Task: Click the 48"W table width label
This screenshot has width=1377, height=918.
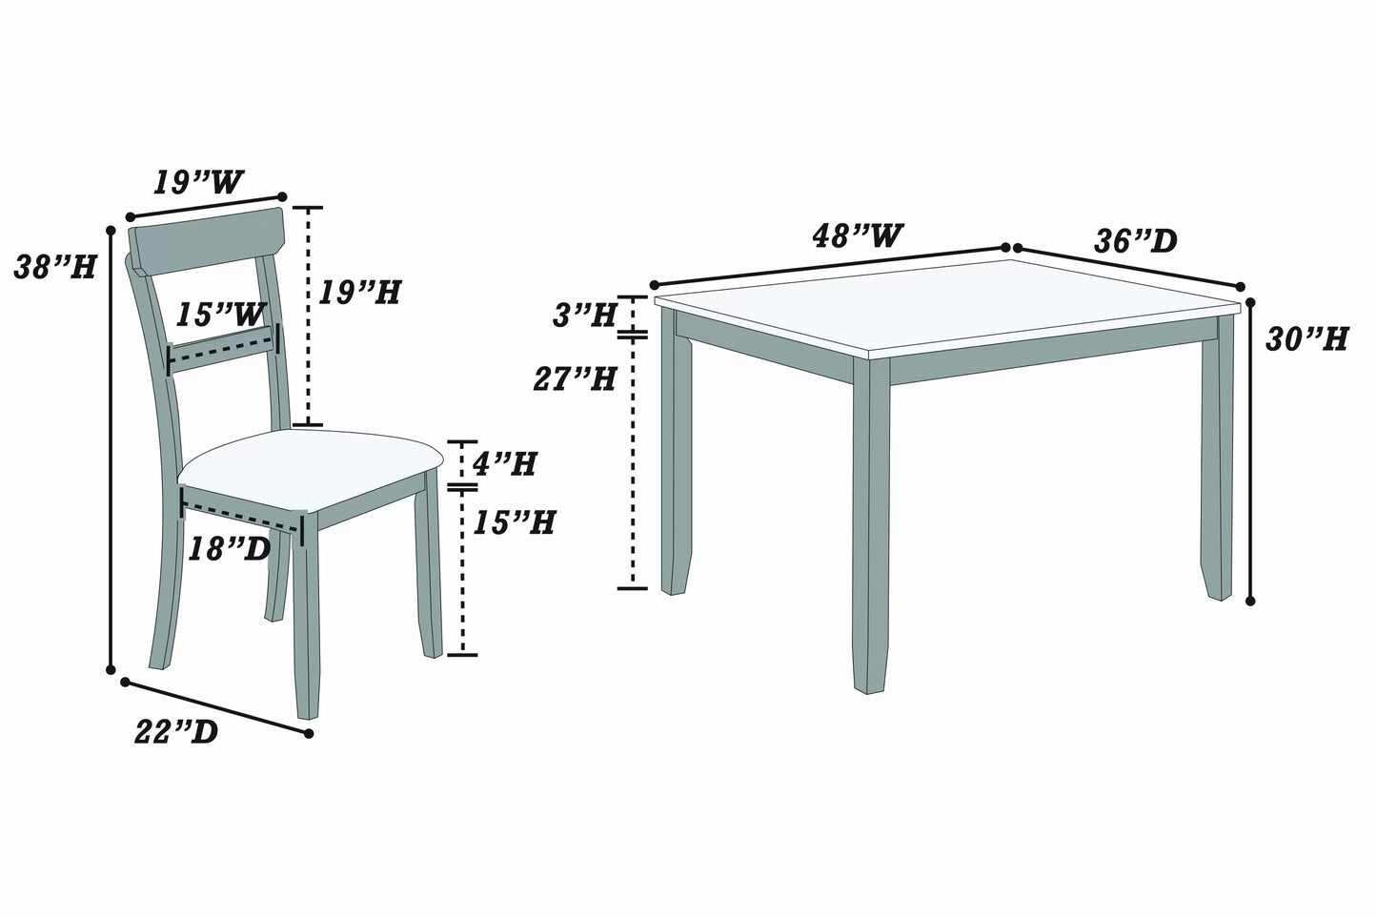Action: (857, 235)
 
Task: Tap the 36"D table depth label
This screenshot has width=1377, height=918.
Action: (1135, 241)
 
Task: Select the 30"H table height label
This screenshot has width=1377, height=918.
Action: (1306, 338)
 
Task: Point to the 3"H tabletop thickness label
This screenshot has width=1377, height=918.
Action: (584, 316)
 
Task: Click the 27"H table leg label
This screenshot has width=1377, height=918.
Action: (575, 379)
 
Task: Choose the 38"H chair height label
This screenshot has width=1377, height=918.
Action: (54, 268)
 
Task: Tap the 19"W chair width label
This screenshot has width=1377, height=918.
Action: (198, 182)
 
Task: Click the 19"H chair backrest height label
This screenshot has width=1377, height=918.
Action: (358, 292)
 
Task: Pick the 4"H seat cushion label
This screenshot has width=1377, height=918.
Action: (505, 464)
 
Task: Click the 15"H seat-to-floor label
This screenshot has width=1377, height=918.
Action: (515, 522)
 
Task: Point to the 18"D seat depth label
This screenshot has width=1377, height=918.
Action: (229, 548)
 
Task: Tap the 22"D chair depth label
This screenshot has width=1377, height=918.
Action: (176, 731)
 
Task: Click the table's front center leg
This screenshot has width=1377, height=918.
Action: (869, 524)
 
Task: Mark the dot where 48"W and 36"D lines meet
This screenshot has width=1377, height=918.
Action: (1010, 247)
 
